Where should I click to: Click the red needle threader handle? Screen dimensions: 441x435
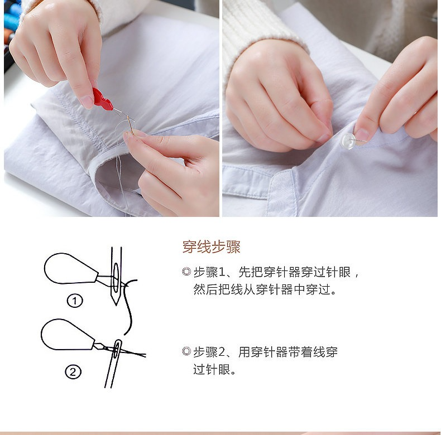(x=102, y=99)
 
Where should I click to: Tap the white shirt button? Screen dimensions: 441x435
(x=348, y=141)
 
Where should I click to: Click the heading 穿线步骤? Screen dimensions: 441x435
(x=211, y=247)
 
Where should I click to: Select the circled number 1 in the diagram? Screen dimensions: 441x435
(x=75, y=301)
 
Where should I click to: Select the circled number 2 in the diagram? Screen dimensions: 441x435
(x=73, y=372)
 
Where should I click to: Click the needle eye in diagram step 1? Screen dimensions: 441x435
(x=116, y=278)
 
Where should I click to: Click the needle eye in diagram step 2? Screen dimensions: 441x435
(x=117, y=349)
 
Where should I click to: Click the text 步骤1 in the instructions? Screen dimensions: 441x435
(x=209, y=272)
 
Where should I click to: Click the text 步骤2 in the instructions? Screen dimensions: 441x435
(x=209, y=352)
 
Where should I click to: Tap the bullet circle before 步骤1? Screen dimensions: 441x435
(x=186, y=272)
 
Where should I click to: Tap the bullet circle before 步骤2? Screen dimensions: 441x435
(x=186, y=351)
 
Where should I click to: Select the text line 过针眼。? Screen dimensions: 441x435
(x=214, y=370)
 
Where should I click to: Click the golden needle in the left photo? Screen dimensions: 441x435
(x=130, y=125)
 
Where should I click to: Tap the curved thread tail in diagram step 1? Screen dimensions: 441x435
(x=130, y=306)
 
